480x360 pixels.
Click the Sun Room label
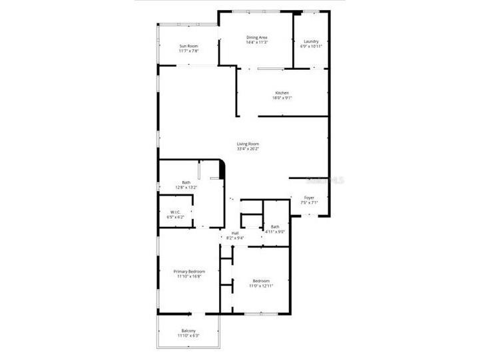coord(188,46)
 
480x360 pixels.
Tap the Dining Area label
coord(256,37)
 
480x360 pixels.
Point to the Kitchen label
coord(282,92)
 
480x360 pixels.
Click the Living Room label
coord(248,144)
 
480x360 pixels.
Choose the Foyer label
coord(310,198)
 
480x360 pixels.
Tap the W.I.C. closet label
coord(176,212)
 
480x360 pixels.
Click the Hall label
coord(235,233)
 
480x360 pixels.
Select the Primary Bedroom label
coord(189,271)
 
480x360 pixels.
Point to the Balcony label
coord(188,331)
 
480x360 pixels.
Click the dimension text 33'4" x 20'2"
coord(248,149)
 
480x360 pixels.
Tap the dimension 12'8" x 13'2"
coord(186,188)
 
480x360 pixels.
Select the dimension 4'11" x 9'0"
coord(275,232)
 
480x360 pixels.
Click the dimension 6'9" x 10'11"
coord(311,47)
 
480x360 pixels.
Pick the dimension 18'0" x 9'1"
coord(282,98)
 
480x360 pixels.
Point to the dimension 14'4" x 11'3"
coord(256,43)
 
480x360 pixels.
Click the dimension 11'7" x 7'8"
coord(188,51)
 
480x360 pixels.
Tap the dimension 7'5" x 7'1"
coord(310,203)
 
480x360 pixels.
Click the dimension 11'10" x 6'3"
coord(188,336)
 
